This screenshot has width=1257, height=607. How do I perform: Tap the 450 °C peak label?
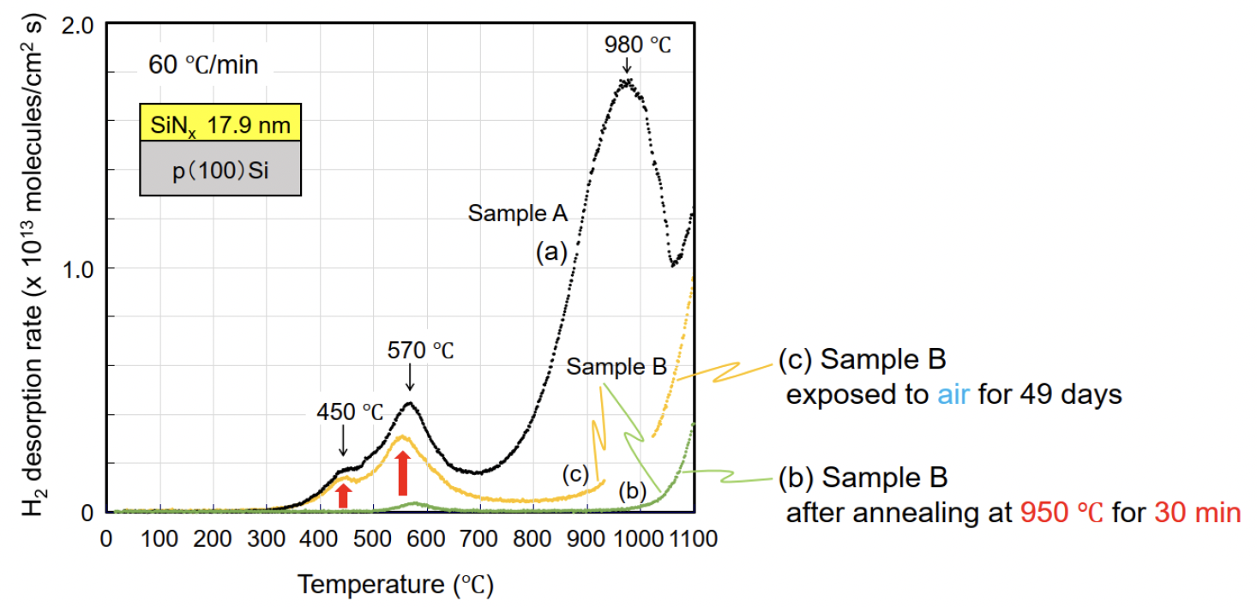pyautogui.click(x=348, y=411)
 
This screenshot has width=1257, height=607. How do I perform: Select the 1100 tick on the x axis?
pyautogui.click(x=693, y=540)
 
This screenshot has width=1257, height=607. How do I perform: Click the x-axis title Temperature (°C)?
pyautogui.click(x=395, y=586)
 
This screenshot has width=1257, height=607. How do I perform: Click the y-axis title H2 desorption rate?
pyautogui.click(x=33, y=267)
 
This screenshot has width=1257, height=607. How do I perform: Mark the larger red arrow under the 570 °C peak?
pyautogui.click(x=402, y=474)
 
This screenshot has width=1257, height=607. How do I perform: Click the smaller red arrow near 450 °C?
pyautogui.click(x=343, y=495)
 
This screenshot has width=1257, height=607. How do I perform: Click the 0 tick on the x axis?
pyautogui.click(x=106, y=540)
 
